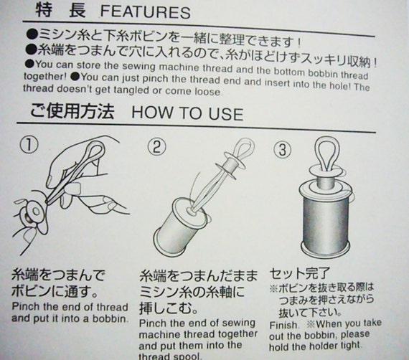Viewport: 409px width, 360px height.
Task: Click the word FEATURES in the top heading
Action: (145, 12)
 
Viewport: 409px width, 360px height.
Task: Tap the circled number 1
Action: (29, 145)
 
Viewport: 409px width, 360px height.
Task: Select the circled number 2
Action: (156, 147)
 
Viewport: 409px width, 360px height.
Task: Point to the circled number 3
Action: (283, 150)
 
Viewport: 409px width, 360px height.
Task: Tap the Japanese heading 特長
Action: (60, 11)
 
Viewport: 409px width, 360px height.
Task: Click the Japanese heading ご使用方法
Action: (72, 111)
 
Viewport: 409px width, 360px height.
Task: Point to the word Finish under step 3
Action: (283, 326)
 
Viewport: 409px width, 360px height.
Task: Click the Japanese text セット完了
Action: (300, 274)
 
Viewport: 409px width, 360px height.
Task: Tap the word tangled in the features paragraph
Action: (133, 90)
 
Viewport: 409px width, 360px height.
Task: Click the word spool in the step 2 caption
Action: (185, 356)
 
